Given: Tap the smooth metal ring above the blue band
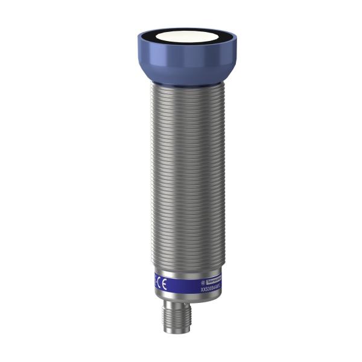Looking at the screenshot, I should pos(181,271).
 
